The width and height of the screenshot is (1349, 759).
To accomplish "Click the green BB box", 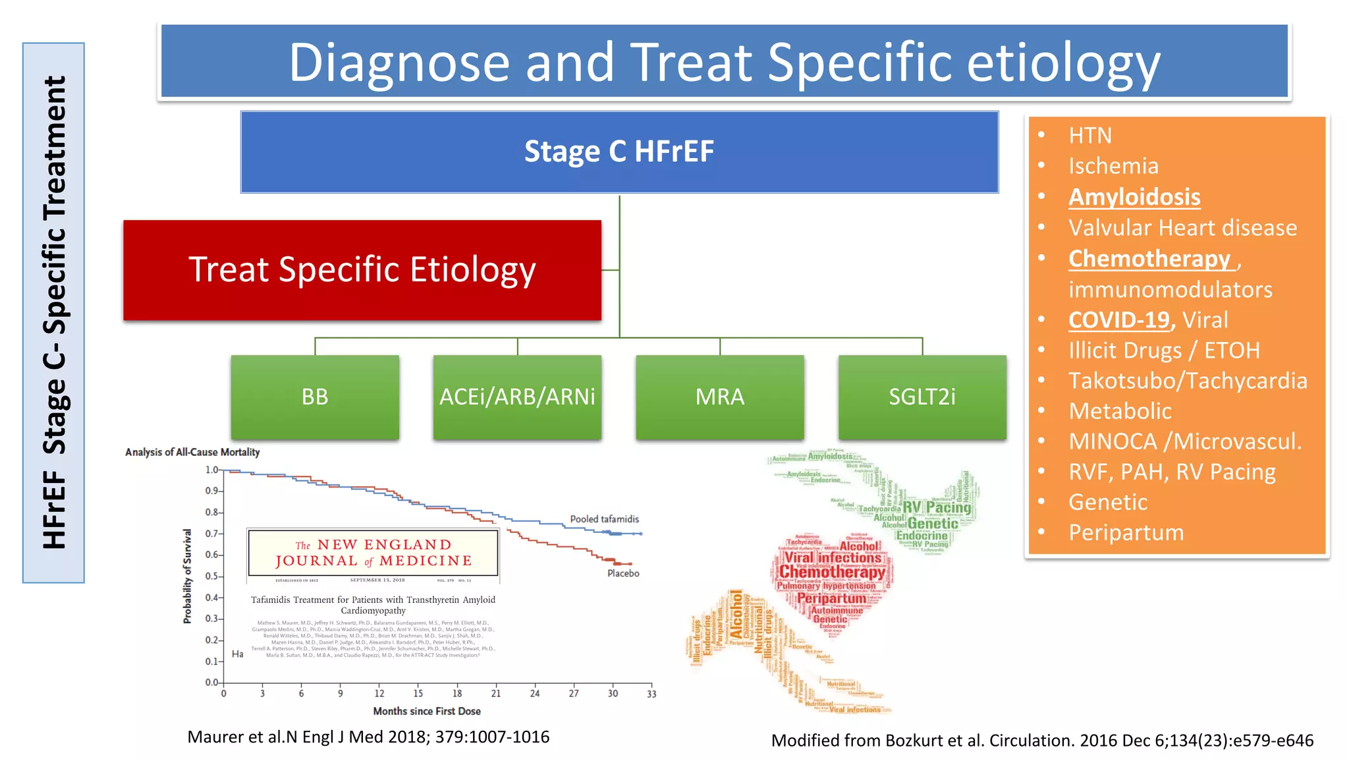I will click(315, 397).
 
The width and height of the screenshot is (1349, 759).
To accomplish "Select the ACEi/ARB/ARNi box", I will click(517, 397).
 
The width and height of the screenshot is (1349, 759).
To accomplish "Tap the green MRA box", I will click(720, 397).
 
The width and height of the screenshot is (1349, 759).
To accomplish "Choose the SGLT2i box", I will click(922, 397).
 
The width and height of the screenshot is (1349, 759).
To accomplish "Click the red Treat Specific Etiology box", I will click(362, 270).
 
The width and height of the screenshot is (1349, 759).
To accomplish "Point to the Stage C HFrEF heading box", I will click(619, 152).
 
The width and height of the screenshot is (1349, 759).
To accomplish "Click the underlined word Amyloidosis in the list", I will click(1134, 197).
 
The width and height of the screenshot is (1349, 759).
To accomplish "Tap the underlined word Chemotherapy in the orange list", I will click(1149, 259).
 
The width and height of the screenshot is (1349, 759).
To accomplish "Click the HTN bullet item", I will click(1090, 136).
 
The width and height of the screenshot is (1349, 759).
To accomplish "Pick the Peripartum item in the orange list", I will click(1126, 532).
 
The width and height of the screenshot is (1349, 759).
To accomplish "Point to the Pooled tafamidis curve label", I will click(604, 519).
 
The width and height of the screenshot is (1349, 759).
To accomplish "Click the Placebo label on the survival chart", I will click(623, 573).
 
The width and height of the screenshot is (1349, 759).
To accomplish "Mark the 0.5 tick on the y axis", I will click(211, 576).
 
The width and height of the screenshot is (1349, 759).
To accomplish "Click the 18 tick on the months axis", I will click(457, 693).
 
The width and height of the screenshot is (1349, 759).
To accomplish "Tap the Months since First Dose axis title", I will click(427, 712).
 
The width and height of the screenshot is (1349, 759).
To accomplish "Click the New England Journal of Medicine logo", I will click(373, 553).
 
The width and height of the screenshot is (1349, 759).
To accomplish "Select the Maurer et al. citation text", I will click(368, 737).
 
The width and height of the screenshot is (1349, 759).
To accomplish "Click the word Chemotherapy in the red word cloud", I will click(833, 572).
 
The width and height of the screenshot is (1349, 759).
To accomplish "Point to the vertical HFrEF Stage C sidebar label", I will click(54, 313).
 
